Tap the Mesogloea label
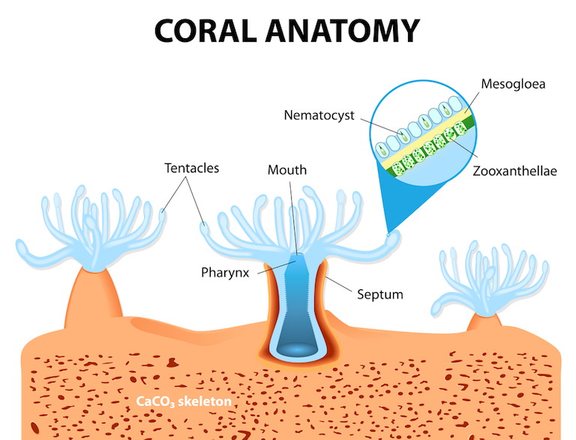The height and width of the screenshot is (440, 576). [512, 84]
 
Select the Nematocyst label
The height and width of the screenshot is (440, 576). [318, 115]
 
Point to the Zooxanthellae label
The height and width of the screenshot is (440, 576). [515, 172]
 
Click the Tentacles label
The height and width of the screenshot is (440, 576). [192, 168]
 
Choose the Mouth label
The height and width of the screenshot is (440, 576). [287, 170]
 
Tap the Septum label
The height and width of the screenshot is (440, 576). [379, 295]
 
